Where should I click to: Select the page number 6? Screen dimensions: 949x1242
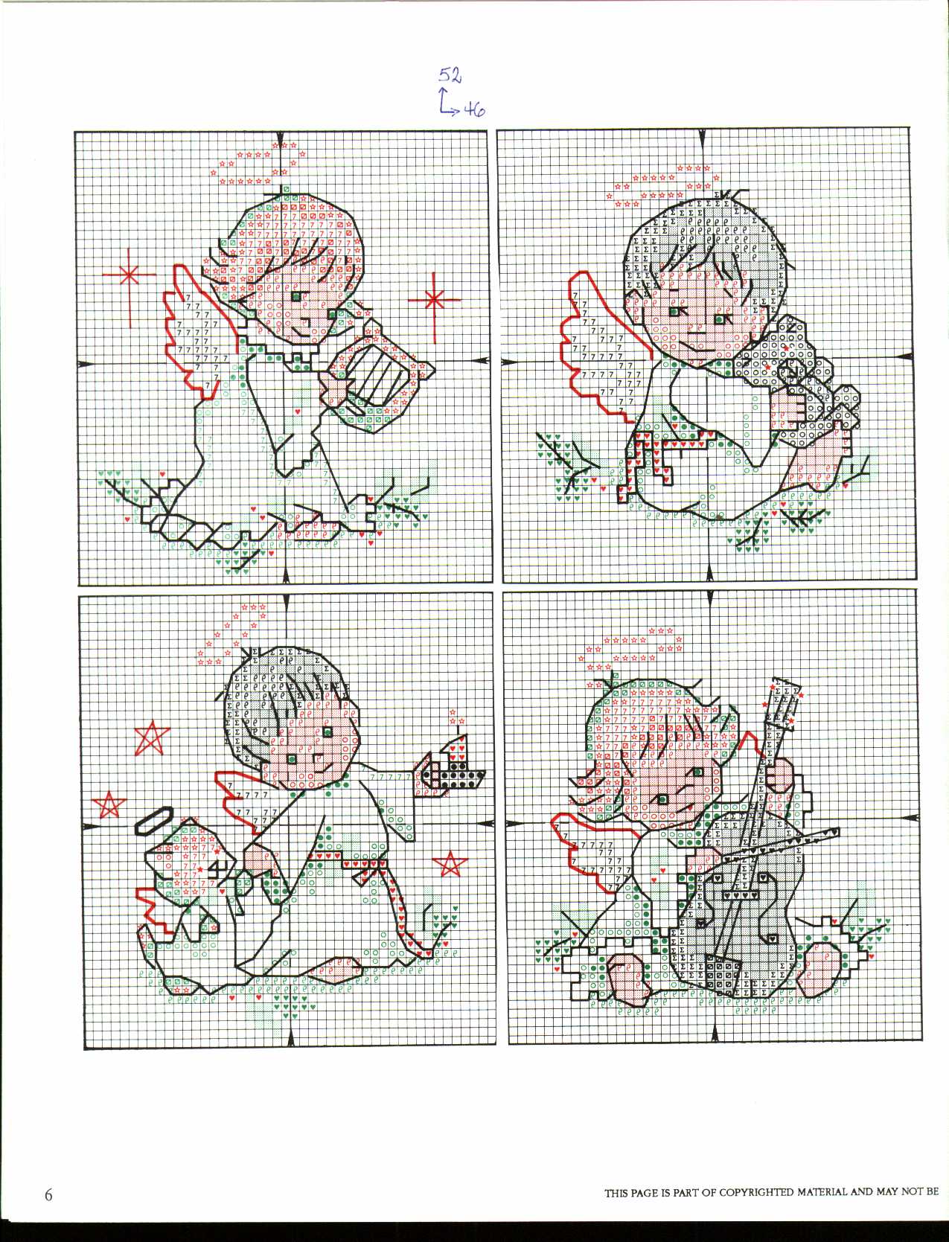point(48,1196)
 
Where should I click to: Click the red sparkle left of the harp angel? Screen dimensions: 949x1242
point(130,275)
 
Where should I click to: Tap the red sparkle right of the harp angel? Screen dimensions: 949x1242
point(434,300)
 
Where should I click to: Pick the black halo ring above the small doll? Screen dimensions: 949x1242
point(154,820)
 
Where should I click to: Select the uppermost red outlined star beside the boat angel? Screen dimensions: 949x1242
point(152,738)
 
